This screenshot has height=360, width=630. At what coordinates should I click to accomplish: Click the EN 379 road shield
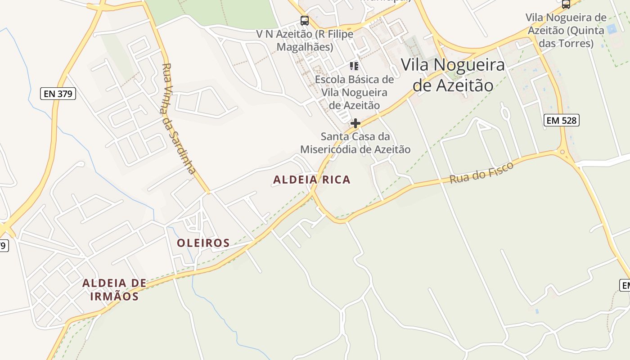(58, 94)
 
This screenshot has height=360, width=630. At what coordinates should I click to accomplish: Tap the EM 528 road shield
(561, 120)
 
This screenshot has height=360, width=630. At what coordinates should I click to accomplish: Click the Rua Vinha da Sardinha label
(179, 118)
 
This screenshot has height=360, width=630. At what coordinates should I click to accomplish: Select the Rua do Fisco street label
(481, 173)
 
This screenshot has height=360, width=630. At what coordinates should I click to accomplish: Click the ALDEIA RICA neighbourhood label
(311, 180)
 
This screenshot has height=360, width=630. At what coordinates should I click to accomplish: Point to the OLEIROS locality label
(203, 243)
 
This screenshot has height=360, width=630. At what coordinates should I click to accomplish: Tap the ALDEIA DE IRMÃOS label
(114, 289)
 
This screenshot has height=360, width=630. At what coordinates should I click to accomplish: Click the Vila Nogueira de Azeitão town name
(453, 75)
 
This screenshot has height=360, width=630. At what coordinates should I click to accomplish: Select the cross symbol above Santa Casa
(355, 123)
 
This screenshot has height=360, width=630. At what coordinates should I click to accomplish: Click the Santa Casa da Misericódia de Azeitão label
(355, 143)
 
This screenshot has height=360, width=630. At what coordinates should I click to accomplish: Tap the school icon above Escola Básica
(354, 67)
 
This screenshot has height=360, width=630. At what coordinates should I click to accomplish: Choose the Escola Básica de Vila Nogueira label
(354, 92)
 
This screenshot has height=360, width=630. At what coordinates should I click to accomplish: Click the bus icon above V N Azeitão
(305, 21)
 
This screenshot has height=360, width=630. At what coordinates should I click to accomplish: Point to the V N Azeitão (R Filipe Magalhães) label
(305, 40)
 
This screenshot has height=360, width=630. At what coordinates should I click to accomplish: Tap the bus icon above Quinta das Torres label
(566, 4)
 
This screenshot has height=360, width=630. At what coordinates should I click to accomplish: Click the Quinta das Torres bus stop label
(566, 31)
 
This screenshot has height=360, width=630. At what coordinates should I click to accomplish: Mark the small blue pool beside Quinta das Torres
(611, 30)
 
